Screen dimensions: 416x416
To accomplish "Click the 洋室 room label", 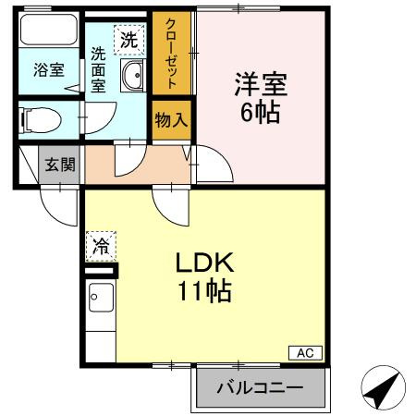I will click(262, 86).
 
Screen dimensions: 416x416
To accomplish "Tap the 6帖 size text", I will click(262, 115).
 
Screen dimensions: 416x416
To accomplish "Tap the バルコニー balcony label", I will click(260, 387).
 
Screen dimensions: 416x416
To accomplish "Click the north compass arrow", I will click(381, 389).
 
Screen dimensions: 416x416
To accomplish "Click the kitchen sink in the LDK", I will click(100, 300).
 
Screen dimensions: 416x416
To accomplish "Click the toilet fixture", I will click(39, 117).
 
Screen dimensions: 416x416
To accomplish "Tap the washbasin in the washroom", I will click(132, 78).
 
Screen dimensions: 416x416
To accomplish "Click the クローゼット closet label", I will click(170, 52).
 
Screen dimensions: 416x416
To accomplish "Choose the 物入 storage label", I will click(170, 118).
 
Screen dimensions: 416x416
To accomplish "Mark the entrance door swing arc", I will click(58, 205).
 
